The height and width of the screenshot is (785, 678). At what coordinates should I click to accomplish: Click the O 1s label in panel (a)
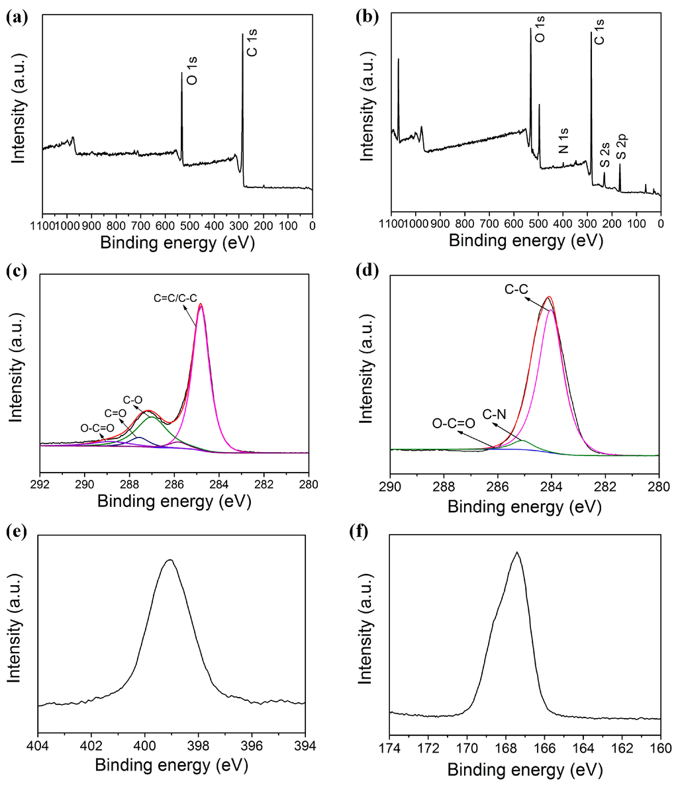click(193, 70)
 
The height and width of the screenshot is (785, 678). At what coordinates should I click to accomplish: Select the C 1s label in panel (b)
click(599, 32)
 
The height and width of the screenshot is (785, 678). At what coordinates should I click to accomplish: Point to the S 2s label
click(605, 153)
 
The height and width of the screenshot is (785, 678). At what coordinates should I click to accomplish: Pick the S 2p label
click(621, 146)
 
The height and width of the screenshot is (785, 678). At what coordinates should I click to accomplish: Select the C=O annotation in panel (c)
click(111, 414)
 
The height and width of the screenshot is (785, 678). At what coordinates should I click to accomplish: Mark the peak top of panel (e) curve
click(170, 560)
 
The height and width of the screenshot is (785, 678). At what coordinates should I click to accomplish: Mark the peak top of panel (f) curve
click(517, 552)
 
